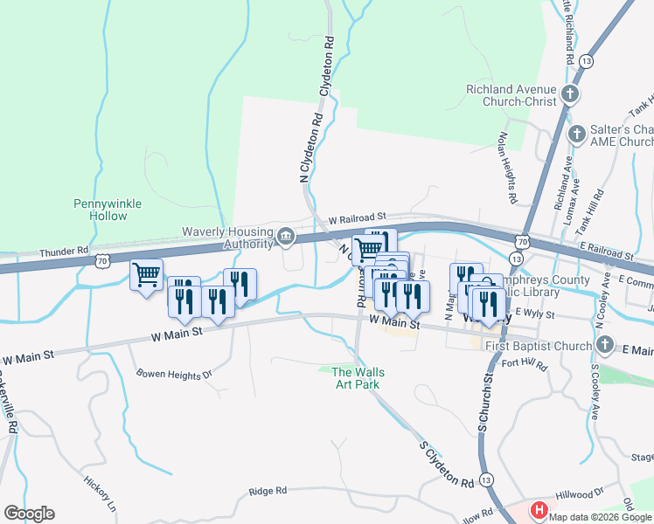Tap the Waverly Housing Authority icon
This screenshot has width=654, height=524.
286,237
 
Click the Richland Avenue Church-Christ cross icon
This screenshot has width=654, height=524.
570,94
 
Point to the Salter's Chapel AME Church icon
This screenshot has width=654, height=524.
576,134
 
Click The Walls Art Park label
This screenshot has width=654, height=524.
358,378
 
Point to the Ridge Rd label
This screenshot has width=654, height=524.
268,491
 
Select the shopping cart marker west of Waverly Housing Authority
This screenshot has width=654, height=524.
147,275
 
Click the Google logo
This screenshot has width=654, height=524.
29,514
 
